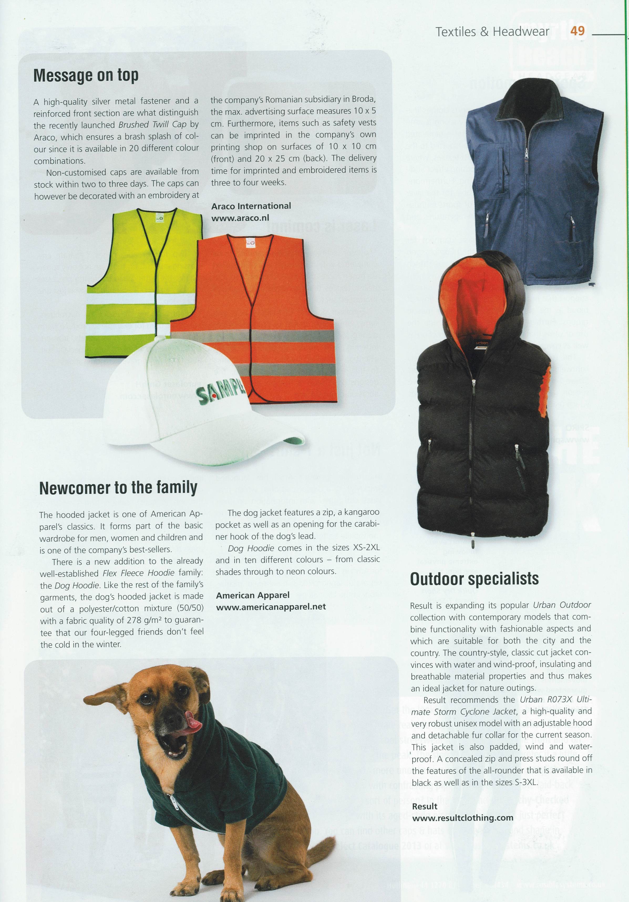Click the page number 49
pos(578,31)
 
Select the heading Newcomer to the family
pos(118,488)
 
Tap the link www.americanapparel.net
pos(271,607)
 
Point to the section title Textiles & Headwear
pos(492,32)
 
